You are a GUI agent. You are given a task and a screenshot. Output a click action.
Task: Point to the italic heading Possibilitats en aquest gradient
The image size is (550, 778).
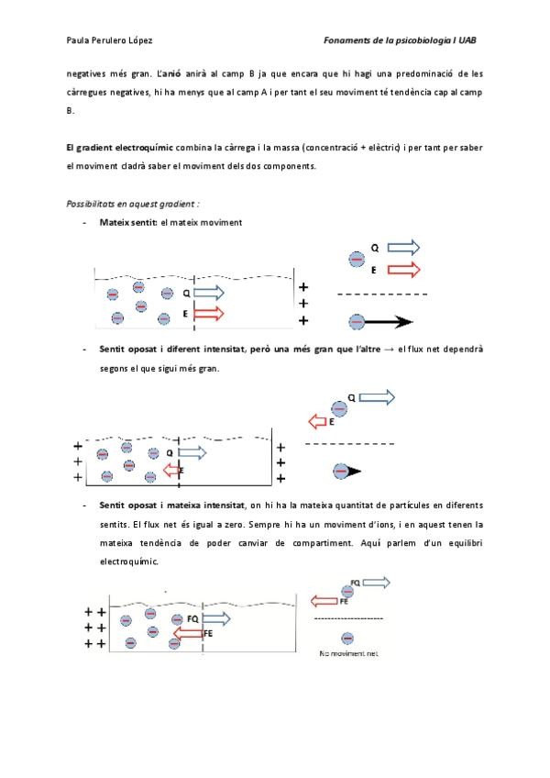[x=133, y=203]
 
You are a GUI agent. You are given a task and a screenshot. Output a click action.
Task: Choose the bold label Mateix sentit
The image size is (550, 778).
[x=128, y=223]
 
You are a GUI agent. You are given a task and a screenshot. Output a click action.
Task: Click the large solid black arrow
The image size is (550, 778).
[x=390, y=321]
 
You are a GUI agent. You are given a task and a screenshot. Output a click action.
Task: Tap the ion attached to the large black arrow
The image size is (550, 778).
[x=357, y=321]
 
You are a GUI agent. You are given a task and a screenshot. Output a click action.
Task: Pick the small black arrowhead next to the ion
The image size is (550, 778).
[x=353, y=471]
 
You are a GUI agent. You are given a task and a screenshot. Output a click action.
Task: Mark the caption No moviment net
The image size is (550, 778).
[x=349, y=654]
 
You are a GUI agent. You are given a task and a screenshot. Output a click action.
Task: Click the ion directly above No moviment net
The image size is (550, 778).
[x=347, y=639]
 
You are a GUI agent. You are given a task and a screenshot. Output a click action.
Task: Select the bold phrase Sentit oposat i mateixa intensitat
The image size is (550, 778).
[x=171, y=505]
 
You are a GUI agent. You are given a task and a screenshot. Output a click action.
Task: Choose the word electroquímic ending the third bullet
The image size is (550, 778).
[x=128, y=561]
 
